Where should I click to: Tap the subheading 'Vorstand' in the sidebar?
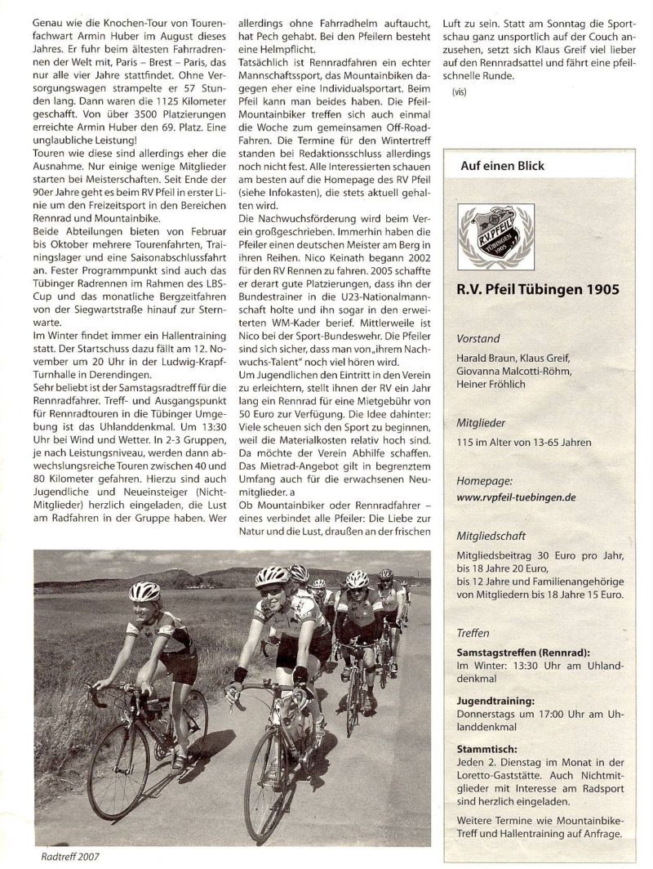(479, 338)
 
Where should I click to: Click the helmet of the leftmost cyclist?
(144, 590)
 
